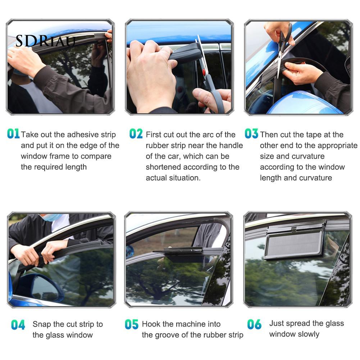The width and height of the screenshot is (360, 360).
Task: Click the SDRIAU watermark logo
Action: tap(45, 41)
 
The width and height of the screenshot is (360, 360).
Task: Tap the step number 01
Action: tap(13, 134)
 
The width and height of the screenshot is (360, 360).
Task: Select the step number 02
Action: tap(136, 134)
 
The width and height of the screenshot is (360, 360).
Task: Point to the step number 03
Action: tap(251, 134)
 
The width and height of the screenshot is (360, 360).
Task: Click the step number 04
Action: tap(18, 325)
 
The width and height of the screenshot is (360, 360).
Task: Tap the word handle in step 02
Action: tap(231, 145)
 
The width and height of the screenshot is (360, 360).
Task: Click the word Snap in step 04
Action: tap(42, 325)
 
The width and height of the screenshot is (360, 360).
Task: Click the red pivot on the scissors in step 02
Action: tap(204, 72)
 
